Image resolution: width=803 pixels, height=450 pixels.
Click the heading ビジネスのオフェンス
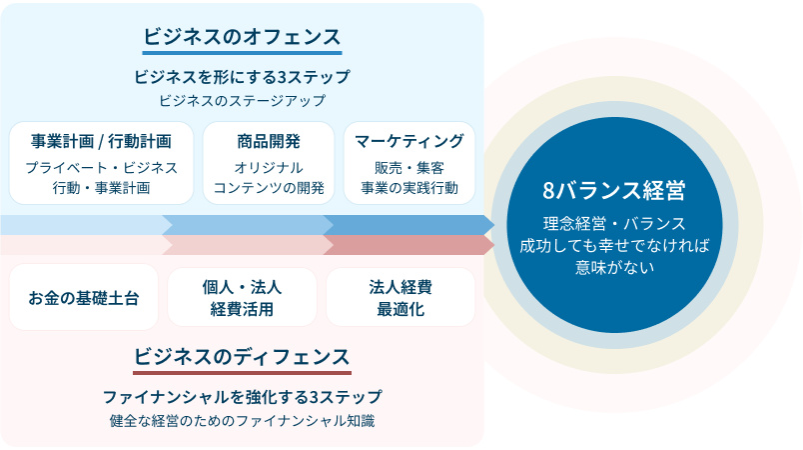tap(242, 37)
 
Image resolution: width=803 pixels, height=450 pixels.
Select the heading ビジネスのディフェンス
tap(242, 357)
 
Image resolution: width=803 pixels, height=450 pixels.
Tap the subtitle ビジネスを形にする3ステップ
tap(242, 76)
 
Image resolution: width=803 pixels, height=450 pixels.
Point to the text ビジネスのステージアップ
tap(242, 100)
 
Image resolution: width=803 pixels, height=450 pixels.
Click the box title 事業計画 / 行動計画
tap(101, 141)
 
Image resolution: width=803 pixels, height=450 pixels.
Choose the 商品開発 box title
tap(269, 141)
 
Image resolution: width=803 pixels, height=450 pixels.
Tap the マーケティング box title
tap(409, 141)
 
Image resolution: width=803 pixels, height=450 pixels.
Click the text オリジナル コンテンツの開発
tap(269, 177)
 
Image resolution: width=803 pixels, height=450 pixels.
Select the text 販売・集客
tap(409, 167)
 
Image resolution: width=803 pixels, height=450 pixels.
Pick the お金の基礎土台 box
tap(84, 297)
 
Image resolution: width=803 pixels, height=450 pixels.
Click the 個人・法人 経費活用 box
tap(242, 297)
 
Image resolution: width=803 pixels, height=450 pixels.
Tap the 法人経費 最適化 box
tap(401, 297)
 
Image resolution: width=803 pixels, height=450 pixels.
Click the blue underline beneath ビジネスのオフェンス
tap(242, 53)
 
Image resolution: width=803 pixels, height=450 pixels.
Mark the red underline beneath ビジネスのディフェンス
tap(242, 372)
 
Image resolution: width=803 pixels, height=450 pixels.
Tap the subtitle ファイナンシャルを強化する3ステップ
tap(242, 396)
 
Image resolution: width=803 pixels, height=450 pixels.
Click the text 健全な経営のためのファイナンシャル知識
tap(242, 420)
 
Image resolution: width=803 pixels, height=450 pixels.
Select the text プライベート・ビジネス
tap(101, 167)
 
